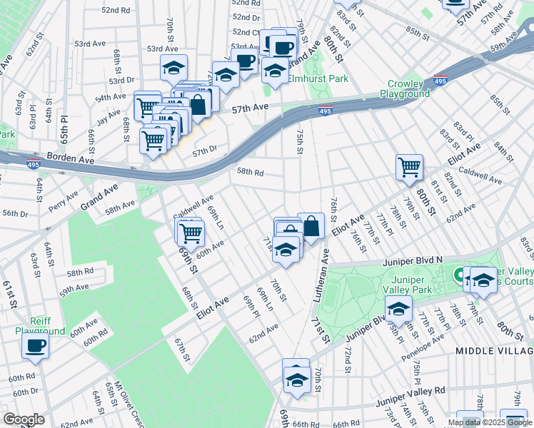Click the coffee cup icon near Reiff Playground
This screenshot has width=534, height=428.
(35, 346)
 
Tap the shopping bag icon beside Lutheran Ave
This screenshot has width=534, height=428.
(311, 227)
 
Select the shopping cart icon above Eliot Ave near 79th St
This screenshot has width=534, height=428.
(410, 168)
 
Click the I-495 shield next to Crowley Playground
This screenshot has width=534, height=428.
(440, 80)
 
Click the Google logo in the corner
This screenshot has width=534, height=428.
(24, 419)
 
